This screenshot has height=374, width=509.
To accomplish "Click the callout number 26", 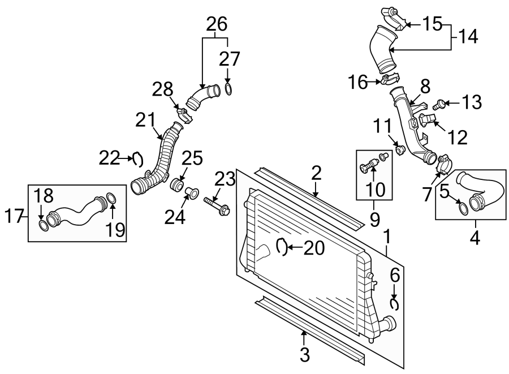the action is pos(217,24).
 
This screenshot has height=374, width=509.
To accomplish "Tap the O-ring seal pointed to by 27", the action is pos(228,89).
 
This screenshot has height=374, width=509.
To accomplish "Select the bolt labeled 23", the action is pos(217,206).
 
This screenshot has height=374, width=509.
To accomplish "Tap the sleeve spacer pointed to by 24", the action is pos(192,193).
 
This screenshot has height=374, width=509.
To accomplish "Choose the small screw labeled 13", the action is pos(438,105).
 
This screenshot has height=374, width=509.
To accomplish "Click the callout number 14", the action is pos(468,36).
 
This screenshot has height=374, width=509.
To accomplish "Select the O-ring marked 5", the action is pos(463,209).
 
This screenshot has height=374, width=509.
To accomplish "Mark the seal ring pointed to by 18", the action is pos(44,226).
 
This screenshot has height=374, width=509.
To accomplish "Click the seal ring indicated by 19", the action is pos(111,197).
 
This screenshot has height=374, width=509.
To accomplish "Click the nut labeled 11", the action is pos(400,150).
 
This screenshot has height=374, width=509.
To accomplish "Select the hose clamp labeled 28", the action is pos(184,115).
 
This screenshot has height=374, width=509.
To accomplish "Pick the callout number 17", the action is pos(14,216).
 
